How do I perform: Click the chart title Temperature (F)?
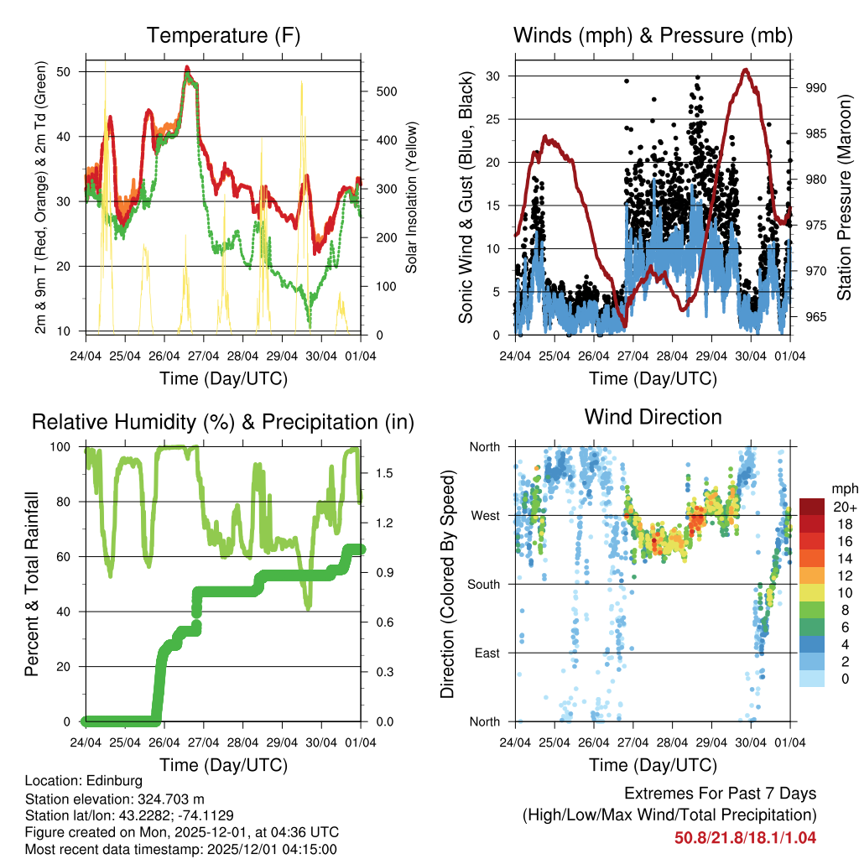tap(223, 36)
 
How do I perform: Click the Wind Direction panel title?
tap(653, 417)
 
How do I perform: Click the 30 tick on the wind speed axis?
tap(496, 75)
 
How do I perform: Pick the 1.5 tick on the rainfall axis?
tap(385, 473)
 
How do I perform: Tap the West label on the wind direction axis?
tap(484, 515)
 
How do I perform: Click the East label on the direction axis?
tap(486, 653)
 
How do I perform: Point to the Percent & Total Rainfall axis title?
tap(32, 584)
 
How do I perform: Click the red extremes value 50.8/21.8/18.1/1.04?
tap(745, 837)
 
